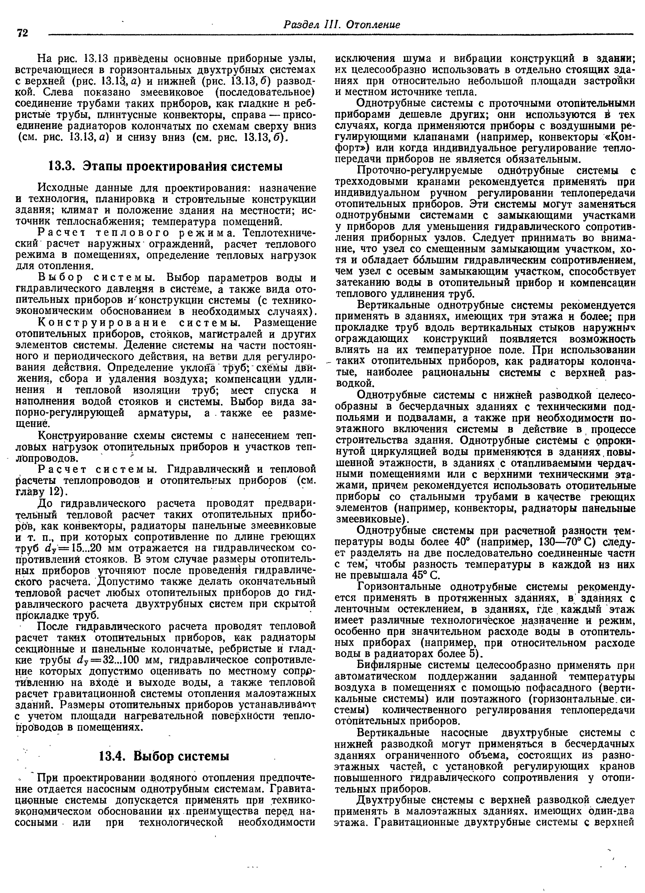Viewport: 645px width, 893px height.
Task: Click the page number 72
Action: click(23, 33)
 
